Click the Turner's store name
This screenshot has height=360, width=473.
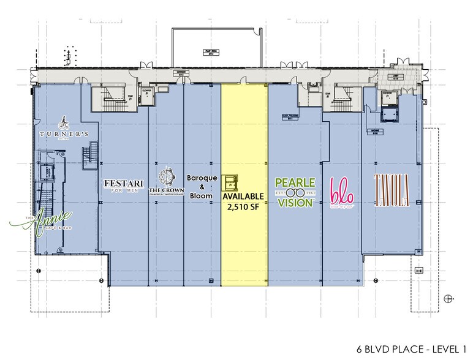tap(66, 133)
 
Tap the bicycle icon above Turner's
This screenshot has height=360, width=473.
tap(64, 121)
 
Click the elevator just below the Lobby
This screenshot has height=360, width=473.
tap(388, 98)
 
